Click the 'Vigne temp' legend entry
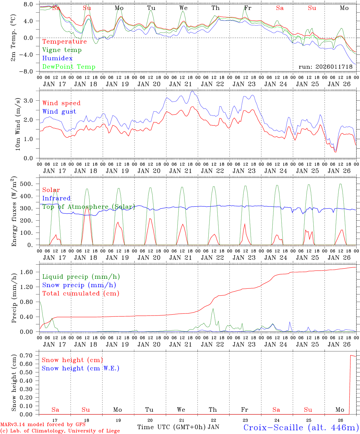tap(62, 50)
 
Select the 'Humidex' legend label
tap(57, 58)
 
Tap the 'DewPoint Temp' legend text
tap(69, 67)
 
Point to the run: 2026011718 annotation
tap(325, 67)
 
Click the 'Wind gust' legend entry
tap(59, 112)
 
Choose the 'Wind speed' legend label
tap(62, 103)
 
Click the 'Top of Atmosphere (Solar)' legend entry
tap(88, 207)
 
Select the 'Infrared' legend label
tap(56, 198)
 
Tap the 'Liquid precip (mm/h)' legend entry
tap(81, 277)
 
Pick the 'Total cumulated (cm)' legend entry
tap(81, 294)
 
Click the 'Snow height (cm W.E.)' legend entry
tap(81, 368)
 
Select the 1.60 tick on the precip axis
tap(28, 272)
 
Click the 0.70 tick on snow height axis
tap(28, 356)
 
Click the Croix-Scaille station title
tap(301, 427)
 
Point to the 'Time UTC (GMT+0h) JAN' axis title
tap(178, 427)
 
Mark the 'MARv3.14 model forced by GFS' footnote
tap(43, 425)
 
